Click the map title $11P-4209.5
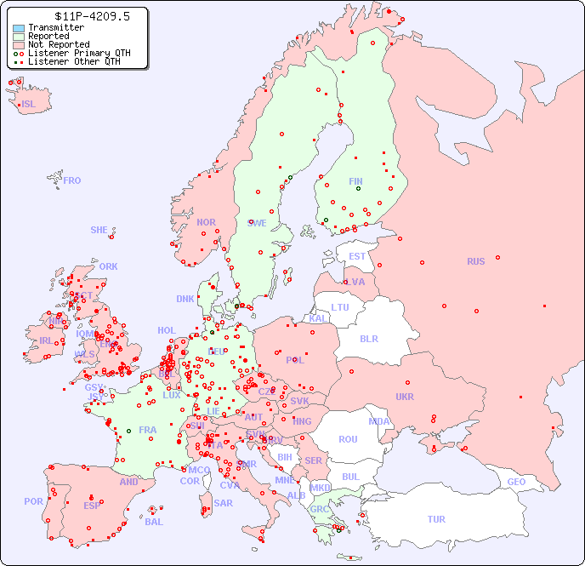[80, 16]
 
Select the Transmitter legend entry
[55, 27]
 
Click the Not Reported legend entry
[58, 44]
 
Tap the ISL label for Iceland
[29, 105]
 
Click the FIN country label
[355, 181]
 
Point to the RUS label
[475, 261]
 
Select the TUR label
[436, 519]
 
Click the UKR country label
[404, 397]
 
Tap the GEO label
[516, 482]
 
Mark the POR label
[33, 501]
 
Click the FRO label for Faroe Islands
[72, 180]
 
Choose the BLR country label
[368, 338]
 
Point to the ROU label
[348, 439]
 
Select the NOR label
[206, 222]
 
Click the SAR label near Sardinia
[223, 503]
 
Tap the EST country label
[357, 256]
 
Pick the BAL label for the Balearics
[153, 522]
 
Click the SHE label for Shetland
[99, 230]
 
